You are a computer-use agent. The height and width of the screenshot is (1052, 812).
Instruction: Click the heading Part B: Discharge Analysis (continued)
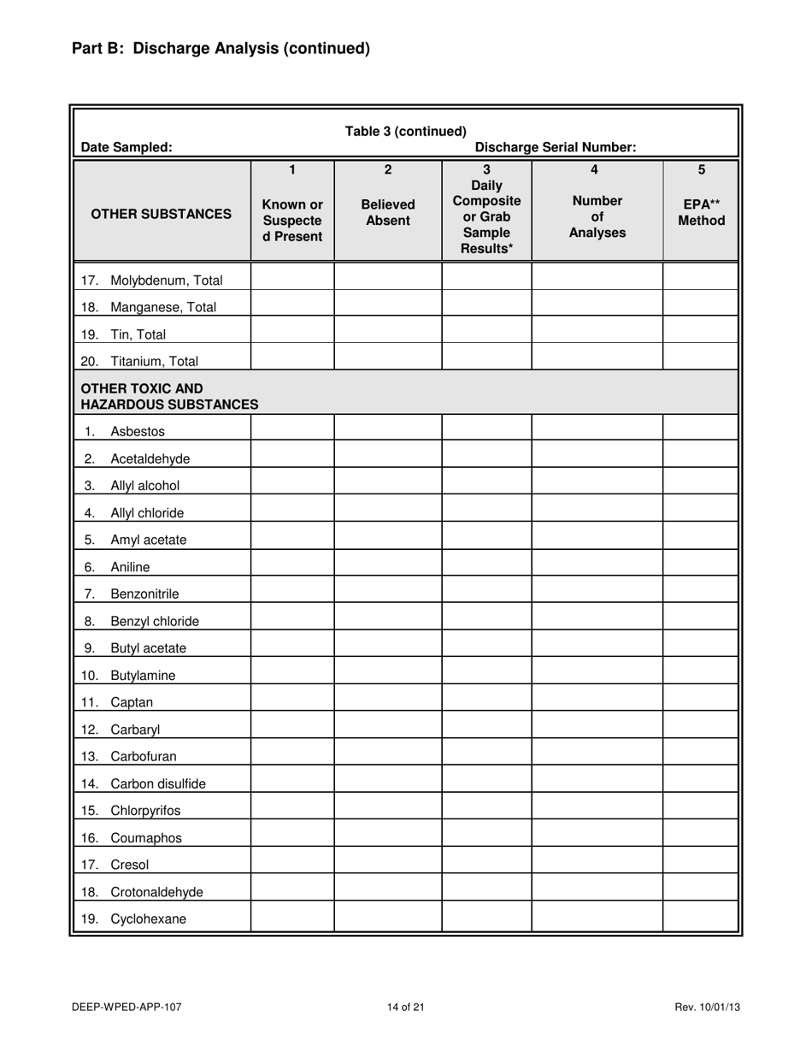[221, 49]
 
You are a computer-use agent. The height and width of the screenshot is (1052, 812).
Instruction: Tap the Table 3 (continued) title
[405, 131]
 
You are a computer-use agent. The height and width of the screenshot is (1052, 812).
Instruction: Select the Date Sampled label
[126, 147]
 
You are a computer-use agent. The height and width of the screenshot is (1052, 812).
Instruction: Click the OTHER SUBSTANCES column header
[162, 213]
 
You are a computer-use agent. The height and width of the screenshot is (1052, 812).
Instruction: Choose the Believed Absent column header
[387, 213]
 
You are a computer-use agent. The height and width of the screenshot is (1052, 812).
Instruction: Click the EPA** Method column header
[701, 213]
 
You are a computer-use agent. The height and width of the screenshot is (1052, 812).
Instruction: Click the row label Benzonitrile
[144, 594]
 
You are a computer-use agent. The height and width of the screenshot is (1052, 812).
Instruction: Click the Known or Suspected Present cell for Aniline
[292, 566]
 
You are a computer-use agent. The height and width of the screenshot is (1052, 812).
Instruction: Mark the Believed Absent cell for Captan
[387, 702]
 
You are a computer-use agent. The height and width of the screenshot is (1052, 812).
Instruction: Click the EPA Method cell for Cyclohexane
[701, 919]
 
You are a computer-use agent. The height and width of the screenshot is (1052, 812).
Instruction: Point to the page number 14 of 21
[405, 1007]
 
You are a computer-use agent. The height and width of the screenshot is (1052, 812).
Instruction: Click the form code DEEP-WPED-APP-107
[127, 1007]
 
